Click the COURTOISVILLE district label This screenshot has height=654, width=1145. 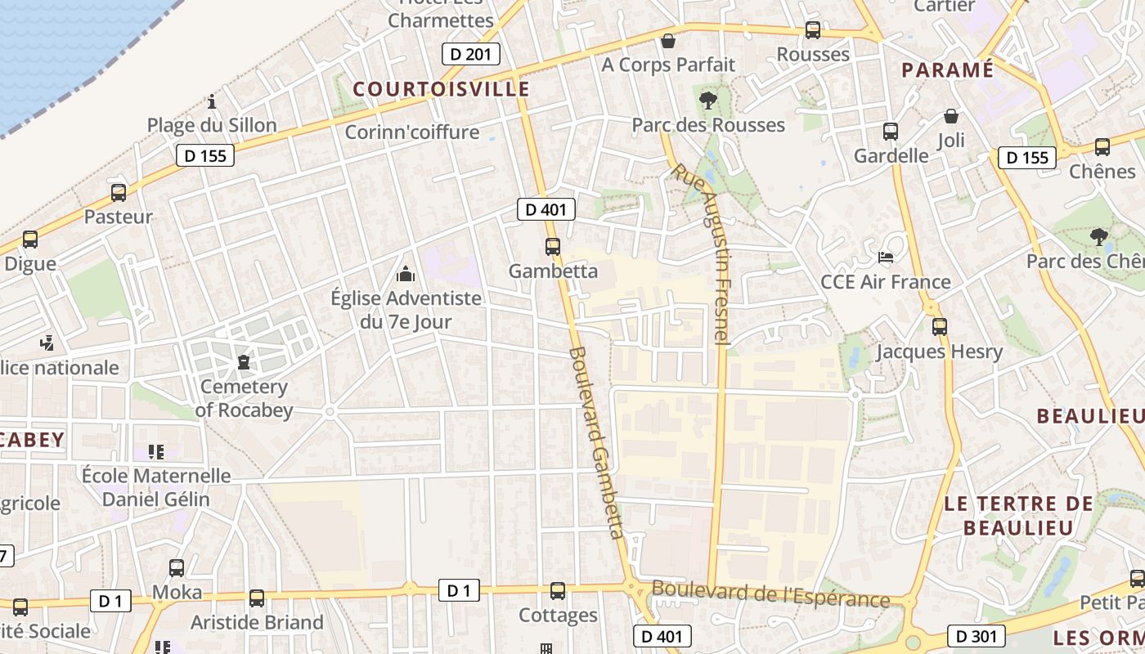tap(441, 89)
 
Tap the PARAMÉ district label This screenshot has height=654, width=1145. tap(947, 70)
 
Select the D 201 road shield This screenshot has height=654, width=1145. tap(470, 55)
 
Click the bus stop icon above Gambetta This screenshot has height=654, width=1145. tap(553, 246)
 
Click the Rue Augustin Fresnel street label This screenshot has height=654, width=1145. tap(709, 253)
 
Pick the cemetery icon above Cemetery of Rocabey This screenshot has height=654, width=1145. tap(244, 361)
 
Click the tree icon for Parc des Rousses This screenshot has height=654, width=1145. tap(708, 101)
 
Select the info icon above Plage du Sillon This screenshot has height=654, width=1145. tap(212, 102)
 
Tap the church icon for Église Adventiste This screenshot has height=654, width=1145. tap(406, 274)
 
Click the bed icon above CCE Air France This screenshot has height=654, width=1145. tap(886, 258)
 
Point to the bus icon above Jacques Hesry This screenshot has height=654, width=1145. tap(940, 327)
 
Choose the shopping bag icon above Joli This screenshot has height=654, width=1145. tap(951, 116)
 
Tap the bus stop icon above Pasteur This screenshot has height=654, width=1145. tap(119, 193)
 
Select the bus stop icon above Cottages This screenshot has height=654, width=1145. tap(558, 591)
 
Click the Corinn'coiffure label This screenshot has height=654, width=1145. tap(412, 132)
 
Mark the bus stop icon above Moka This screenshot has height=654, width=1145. tap(177, 568)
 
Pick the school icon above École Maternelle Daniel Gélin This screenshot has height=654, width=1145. tap(156, 451)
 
